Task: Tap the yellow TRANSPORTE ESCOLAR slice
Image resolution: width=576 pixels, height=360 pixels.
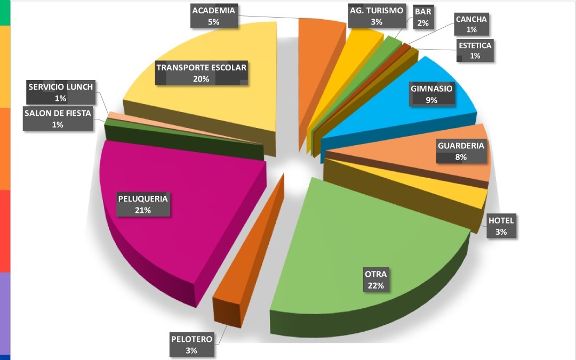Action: coord(213,107)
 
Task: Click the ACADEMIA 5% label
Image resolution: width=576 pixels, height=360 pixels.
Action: coord(213,16)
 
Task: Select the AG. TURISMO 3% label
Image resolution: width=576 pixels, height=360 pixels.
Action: coord(377,16)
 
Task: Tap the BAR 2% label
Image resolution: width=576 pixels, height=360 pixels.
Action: coord(423,16)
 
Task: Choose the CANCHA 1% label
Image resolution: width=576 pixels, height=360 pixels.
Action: coord(471,25)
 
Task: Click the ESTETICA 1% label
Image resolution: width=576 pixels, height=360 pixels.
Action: coord(475,50)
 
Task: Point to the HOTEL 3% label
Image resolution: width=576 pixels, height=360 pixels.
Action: coord(501,226)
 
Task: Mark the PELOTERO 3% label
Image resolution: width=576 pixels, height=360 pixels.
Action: coord(191,345)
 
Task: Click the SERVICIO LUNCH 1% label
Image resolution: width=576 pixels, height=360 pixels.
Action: coord(60,92)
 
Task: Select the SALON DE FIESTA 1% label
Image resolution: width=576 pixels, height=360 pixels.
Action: coord(58,118)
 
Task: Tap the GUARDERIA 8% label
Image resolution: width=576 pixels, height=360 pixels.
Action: coord(461,151)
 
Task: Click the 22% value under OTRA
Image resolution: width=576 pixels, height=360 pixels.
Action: coord(375,285)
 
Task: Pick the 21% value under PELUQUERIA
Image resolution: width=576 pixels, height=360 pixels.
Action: coord(143,210)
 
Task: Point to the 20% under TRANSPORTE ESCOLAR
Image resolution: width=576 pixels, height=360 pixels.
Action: coord(201,78)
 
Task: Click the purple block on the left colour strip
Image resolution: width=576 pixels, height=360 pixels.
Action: coord(5,312)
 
